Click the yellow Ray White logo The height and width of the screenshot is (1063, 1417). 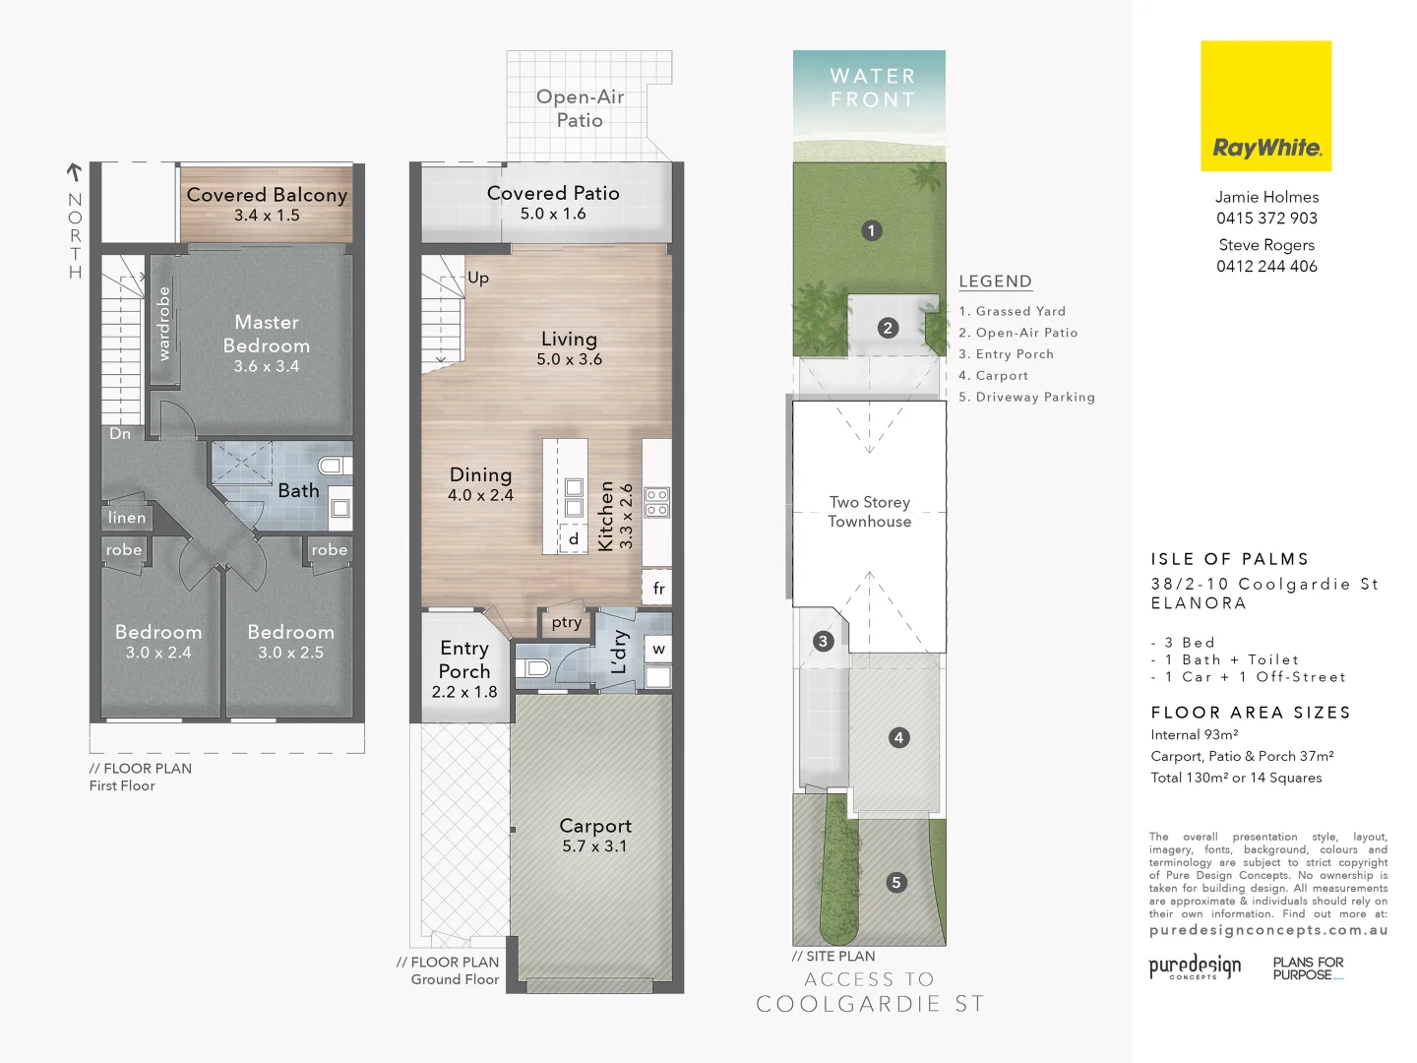click(1265, 106)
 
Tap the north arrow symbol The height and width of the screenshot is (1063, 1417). click(74, 172)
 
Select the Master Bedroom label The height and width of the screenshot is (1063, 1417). click(267, 334)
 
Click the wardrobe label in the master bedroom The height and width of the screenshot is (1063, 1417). click(163, 323)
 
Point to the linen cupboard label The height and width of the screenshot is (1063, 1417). click(127, 518)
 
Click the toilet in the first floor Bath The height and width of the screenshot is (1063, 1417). click(333, 466)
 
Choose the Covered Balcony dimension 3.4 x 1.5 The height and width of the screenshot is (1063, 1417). click(267, 216)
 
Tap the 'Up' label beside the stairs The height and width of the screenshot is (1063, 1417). click(478, 278)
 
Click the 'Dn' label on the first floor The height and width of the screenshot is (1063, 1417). click(120, 434)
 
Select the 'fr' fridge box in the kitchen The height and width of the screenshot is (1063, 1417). click(658, 589)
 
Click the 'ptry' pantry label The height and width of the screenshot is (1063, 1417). click(567, 622)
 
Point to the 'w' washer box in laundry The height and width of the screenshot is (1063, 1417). click(658, 649)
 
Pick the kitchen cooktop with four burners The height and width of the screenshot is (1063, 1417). click(657, 503)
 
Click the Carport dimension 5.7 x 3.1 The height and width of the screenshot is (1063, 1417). click(594, 846)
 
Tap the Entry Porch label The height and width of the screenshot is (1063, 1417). click(464, 659)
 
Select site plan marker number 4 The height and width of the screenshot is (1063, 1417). click(898, 737)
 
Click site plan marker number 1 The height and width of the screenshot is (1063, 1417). click(871, 231)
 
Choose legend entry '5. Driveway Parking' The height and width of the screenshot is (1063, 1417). click(1026, 398)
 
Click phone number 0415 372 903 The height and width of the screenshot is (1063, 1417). click(1266, 219)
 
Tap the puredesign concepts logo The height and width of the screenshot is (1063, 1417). click(1195, 967)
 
